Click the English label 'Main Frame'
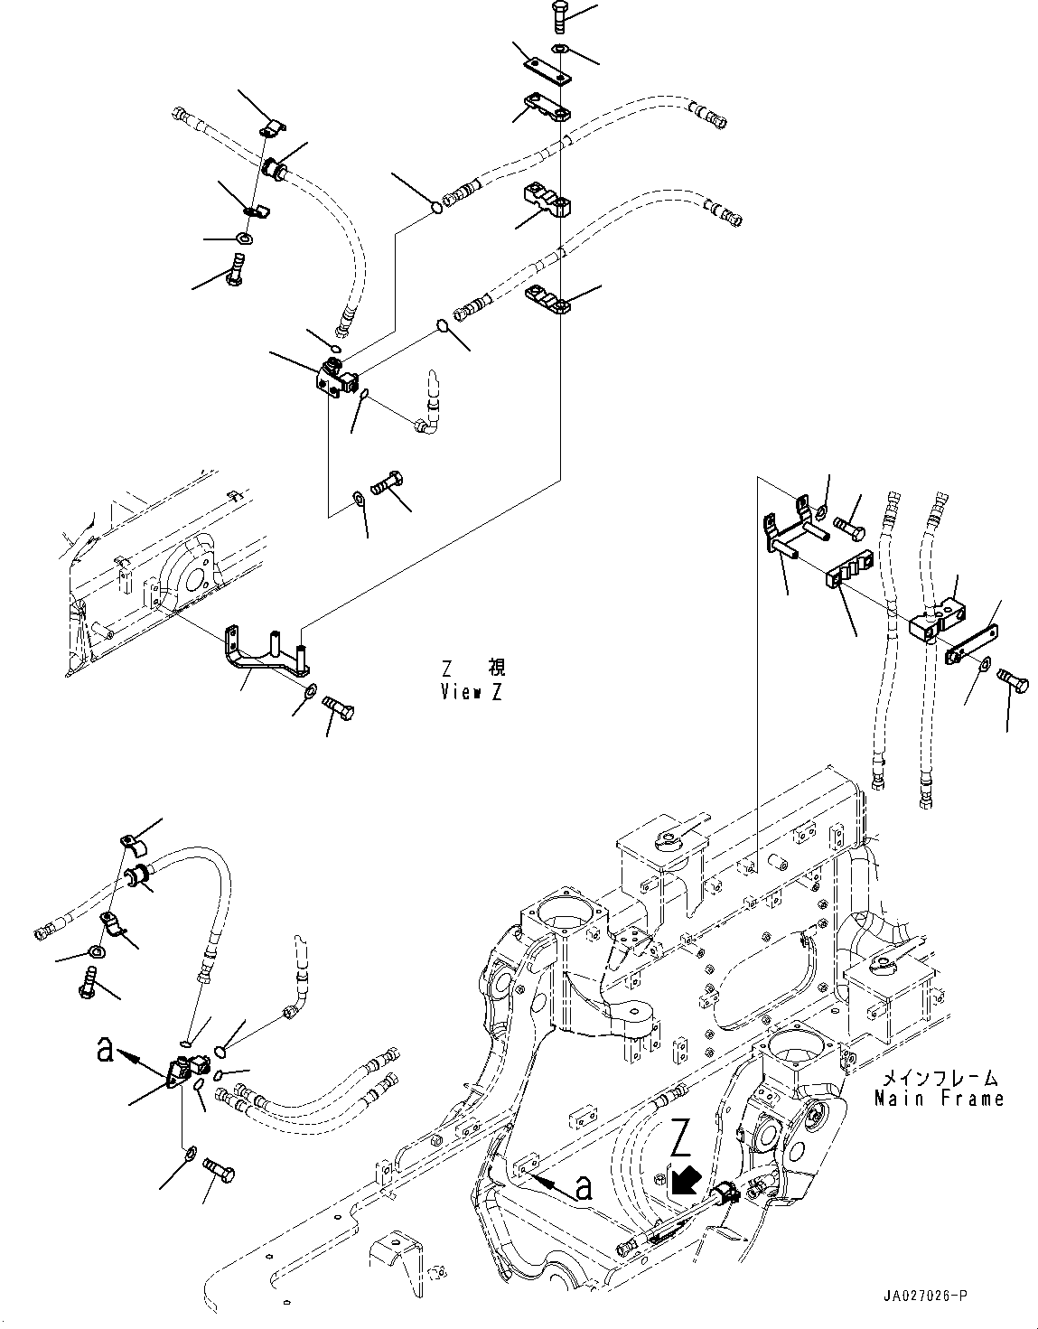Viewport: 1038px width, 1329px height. pos(939,1099)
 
